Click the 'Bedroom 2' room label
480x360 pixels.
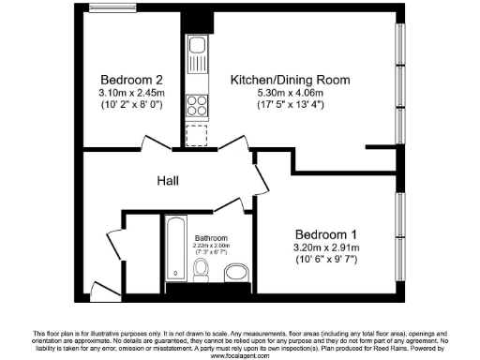pyautogui.click(x=127, y=79)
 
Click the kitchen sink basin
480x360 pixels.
pyautogui.click(x=197, y=46)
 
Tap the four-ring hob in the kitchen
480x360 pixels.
pyautogui.click(x=197, y=105)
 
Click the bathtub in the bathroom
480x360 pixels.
pyautogui.click(x=176, y=250)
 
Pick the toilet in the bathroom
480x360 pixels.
pyautogui.click(x=201, y=270)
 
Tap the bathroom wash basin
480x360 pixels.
pyautogui.click(x=236, y=272)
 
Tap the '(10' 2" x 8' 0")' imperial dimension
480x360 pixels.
pyautogui.click(x=127, y=106)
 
